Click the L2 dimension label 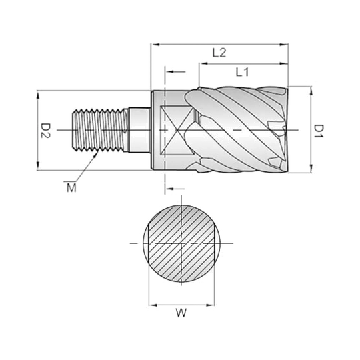(219, 53)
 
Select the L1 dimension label (242, 72)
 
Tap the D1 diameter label (319, 131)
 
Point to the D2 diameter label (45, 131)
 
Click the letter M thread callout (71, 188)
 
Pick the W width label (181, 313)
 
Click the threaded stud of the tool (100, 131)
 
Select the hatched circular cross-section (181, 243)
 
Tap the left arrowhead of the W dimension (153, 305)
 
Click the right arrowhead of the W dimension (210, 305)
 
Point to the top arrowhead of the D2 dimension (38, 95)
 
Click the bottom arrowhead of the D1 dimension (311, 168)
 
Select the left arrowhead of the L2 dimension (155, 45)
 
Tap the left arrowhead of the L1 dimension (204, 63)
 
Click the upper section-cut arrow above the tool (175, 72)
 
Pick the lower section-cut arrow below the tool (175, 189)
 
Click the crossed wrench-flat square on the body (177, 130)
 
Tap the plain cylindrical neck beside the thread (139, 130)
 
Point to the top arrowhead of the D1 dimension (311, 91)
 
